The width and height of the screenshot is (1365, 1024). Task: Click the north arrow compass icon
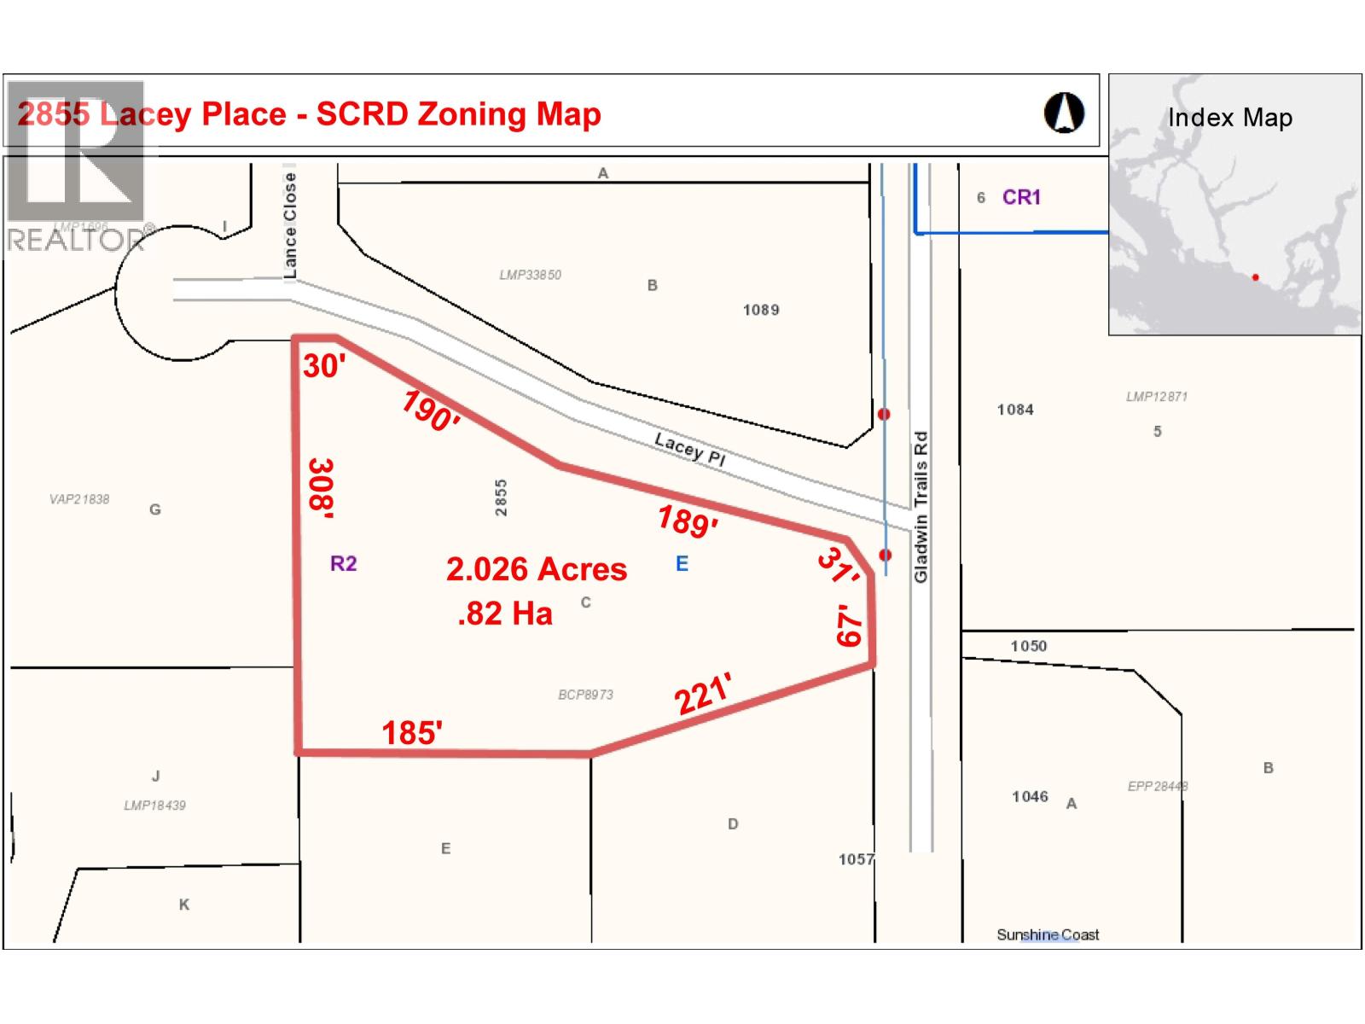coord(1064,113)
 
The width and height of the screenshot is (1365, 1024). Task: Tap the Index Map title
coord(1229,118)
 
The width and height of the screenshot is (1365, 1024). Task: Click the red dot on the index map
coord(1255,277)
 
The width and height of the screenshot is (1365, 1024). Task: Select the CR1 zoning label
coord(1021,198)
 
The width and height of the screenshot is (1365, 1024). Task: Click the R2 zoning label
coord(343,564)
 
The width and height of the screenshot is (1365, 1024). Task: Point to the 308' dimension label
coord(321,488)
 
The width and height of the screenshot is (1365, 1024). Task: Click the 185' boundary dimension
coord(411,732)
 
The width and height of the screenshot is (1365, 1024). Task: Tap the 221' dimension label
coord(703,694)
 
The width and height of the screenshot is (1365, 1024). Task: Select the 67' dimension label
coord(850,626)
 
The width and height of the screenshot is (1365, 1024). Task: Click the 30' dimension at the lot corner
coord(324,366)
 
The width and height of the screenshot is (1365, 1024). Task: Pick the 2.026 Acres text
coord(537,569)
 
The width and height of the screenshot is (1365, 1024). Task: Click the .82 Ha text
coord(505,614)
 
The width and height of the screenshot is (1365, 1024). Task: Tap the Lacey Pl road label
coord(689,449)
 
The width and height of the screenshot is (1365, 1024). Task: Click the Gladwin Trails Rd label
coord(921,508)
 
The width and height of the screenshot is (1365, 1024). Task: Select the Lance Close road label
coord(291,225)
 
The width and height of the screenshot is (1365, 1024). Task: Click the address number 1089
coord(761,310)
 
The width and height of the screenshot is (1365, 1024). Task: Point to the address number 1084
coord(1015,410)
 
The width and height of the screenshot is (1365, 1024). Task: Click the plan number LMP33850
coord(530,275)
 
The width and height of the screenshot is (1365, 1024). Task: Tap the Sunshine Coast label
coord(1048,935)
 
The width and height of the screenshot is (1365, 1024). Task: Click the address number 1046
coord(1030,797)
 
